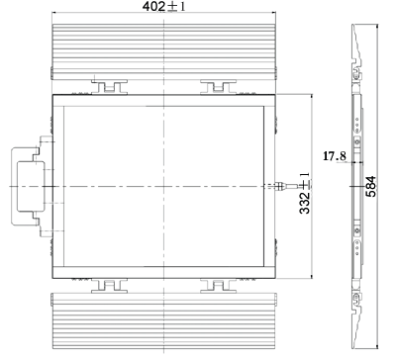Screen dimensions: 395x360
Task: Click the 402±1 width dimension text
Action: coord(163,6)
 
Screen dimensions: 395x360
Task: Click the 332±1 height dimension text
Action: coord(305,193)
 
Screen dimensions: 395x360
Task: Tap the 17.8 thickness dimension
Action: coord(335,155)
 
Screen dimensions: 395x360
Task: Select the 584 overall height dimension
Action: coord(371,187)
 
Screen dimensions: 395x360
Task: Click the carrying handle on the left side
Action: coord(13,187)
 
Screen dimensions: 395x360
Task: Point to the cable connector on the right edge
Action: coord(280,186)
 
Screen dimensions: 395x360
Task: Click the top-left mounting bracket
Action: coord(109,87)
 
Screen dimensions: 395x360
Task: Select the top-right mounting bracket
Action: coord(218,87)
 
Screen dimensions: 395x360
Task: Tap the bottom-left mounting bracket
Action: coord(109,286)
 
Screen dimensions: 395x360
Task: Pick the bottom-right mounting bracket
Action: coord(218,286)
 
